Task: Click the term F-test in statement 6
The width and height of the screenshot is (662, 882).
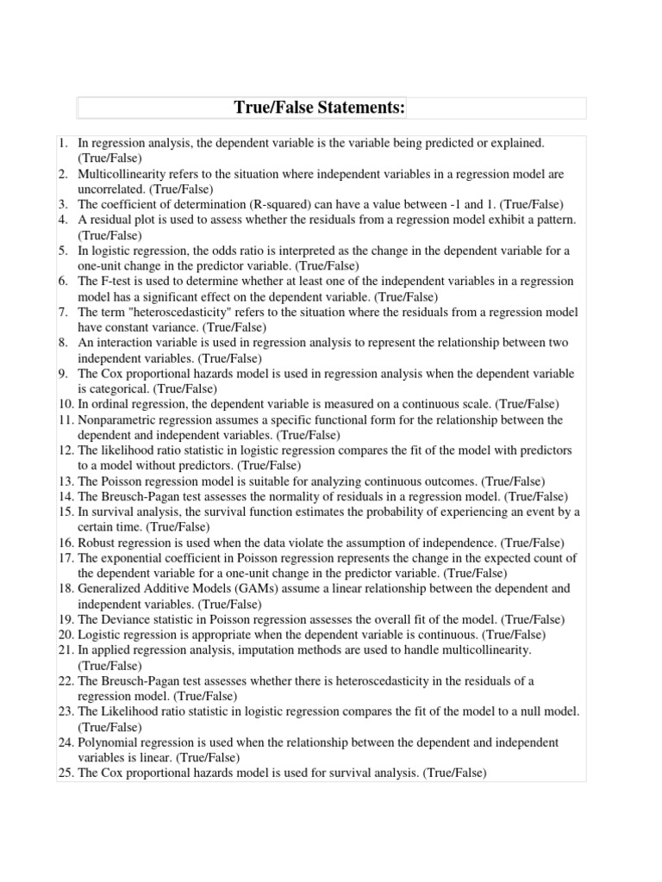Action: [x=116, y=282]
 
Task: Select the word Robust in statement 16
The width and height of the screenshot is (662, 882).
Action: [x=95, y=542]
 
